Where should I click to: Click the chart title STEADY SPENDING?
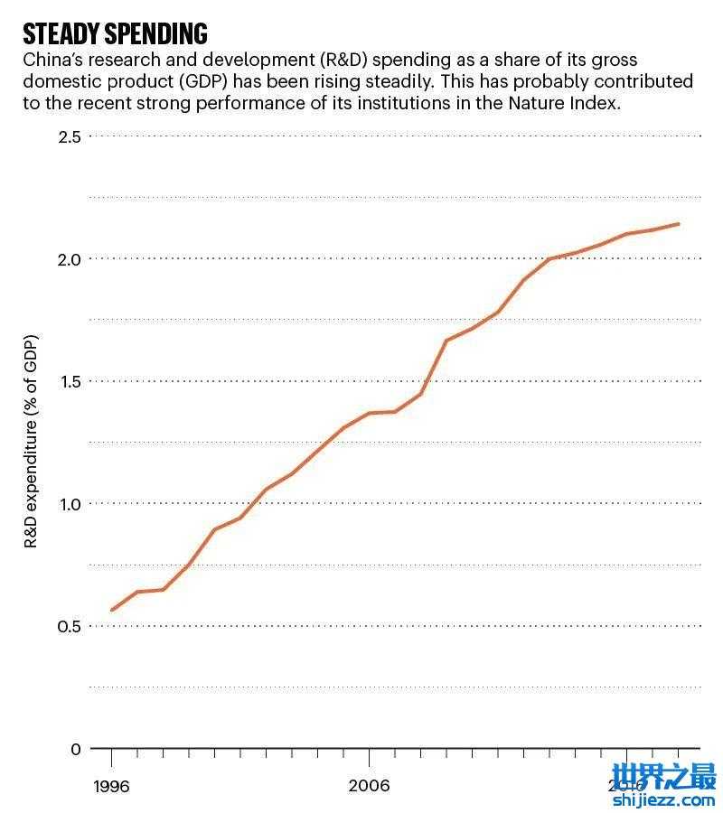(x=115, y=34)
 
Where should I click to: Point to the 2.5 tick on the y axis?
(x=70, y=136)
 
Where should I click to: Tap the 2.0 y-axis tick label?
(x=70, y=259)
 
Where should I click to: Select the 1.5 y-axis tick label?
(x=70, y=381)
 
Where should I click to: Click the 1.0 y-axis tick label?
(x=70, y=504)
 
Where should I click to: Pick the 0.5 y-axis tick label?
(x=70, y=627)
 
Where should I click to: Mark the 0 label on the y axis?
(x=75, y=749)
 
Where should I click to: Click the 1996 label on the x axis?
(x=111, y=786)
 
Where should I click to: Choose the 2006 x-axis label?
(x=369, y=786)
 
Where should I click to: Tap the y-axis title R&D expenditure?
(x=32, y=443)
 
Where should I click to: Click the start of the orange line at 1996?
(x=112, y=611)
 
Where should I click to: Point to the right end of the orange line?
(x=679, y=224)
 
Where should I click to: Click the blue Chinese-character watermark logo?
(x=663, y=774)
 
